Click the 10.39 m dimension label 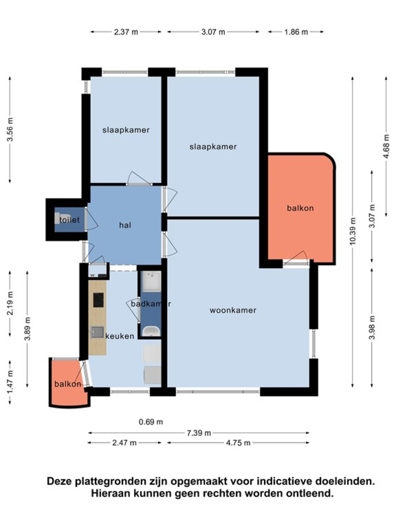tap(352, 231)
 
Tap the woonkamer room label tap(233, 310)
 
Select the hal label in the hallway tap(125, 225)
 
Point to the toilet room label tap(69, 219)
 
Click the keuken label tap(120, 336)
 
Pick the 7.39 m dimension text tap(199, 433)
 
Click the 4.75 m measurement tap(238, 443)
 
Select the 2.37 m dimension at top tap(126, 32)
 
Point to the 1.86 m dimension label tap(296, 32)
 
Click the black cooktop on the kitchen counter tap(98, 300)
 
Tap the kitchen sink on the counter tap(97, 332)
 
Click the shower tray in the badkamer tap(151, 281)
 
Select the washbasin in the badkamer tap(151, 331)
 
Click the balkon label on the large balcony tap(300, 208)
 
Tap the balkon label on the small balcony tap(68, 384)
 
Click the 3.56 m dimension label tap(10, 130)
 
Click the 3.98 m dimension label tap(372, 327)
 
